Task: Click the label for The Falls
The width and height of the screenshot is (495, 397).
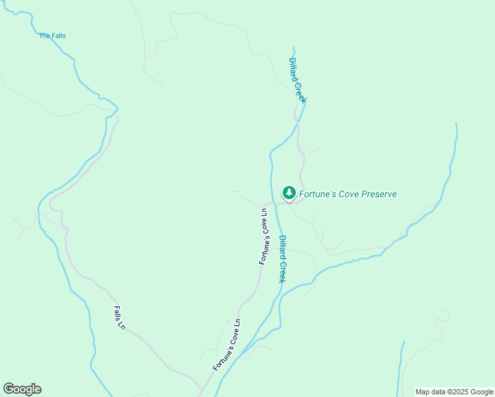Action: click(52, 36)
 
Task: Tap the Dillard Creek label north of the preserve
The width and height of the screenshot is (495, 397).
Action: click(297, 80)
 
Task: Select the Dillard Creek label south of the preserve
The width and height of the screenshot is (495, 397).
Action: click(283, 259)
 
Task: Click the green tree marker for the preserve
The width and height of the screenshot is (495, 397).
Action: click(289, 193)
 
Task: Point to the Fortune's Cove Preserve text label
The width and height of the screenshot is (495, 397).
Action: click(348, 194)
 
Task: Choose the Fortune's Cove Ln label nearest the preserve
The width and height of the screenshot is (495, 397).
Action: click(264, 236)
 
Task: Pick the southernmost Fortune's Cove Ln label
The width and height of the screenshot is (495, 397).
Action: click(227, 345)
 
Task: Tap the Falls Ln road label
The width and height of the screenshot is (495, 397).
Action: click(119, 318)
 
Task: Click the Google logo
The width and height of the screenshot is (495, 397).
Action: click(22, 389)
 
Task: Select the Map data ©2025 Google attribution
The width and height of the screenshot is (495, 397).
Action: click(453, 392)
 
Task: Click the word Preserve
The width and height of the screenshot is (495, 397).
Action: click(379, 194)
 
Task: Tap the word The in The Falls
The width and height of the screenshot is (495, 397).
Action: click(44, 36)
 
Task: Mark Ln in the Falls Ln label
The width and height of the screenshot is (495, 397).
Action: click(122, 325)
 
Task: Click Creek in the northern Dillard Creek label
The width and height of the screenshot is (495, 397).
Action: click(300, 90)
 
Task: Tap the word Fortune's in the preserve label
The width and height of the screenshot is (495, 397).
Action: click(318, 194)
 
